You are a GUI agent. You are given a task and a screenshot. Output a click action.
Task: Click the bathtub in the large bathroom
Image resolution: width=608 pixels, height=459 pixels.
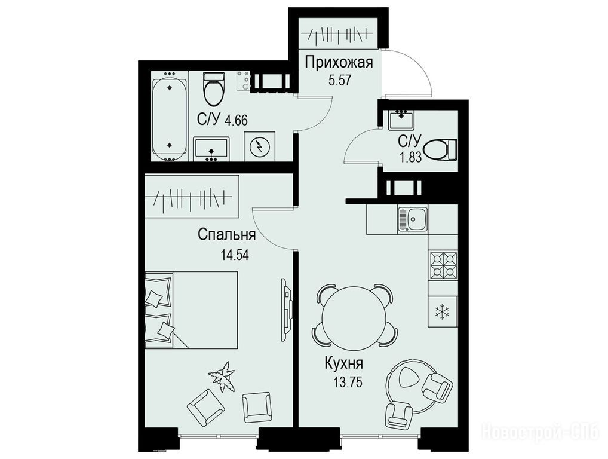(170, 119)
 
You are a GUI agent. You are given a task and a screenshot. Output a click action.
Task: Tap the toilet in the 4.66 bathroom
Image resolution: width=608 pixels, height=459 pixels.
(214, 89)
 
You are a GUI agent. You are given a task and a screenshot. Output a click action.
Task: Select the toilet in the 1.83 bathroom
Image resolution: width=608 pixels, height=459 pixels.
(441, 149)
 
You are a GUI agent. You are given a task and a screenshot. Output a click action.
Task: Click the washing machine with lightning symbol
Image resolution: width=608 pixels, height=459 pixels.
(260, 146)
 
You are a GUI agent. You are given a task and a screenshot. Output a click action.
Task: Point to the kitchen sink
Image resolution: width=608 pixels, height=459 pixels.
(412, 219)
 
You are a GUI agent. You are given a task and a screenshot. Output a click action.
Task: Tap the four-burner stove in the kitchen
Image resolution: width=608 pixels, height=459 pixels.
(443, 266)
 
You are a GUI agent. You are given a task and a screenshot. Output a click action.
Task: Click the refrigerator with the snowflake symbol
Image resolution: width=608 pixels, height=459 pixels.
(443, 311)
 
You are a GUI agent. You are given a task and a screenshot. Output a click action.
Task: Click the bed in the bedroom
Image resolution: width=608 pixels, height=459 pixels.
(191, 310)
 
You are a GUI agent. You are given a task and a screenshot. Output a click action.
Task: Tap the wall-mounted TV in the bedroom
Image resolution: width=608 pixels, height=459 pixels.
(285, 310)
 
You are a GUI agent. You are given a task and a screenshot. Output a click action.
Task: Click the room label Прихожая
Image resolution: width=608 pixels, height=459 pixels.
(338, 63)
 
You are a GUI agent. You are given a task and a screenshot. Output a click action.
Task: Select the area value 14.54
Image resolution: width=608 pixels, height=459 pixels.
(235, 255)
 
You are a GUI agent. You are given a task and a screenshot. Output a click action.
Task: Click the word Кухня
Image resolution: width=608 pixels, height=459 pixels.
(344, 364)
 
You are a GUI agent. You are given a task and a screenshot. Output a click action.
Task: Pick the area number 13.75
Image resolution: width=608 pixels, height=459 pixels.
(348, 382)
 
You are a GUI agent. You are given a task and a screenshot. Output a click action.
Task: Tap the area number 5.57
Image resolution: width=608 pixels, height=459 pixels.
(340, 81)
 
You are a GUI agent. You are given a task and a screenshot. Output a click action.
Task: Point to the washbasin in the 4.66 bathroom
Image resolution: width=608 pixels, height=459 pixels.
(211, 149)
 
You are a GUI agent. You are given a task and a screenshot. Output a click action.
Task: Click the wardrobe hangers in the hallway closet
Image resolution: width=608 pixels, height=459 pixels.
(337, 36)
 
